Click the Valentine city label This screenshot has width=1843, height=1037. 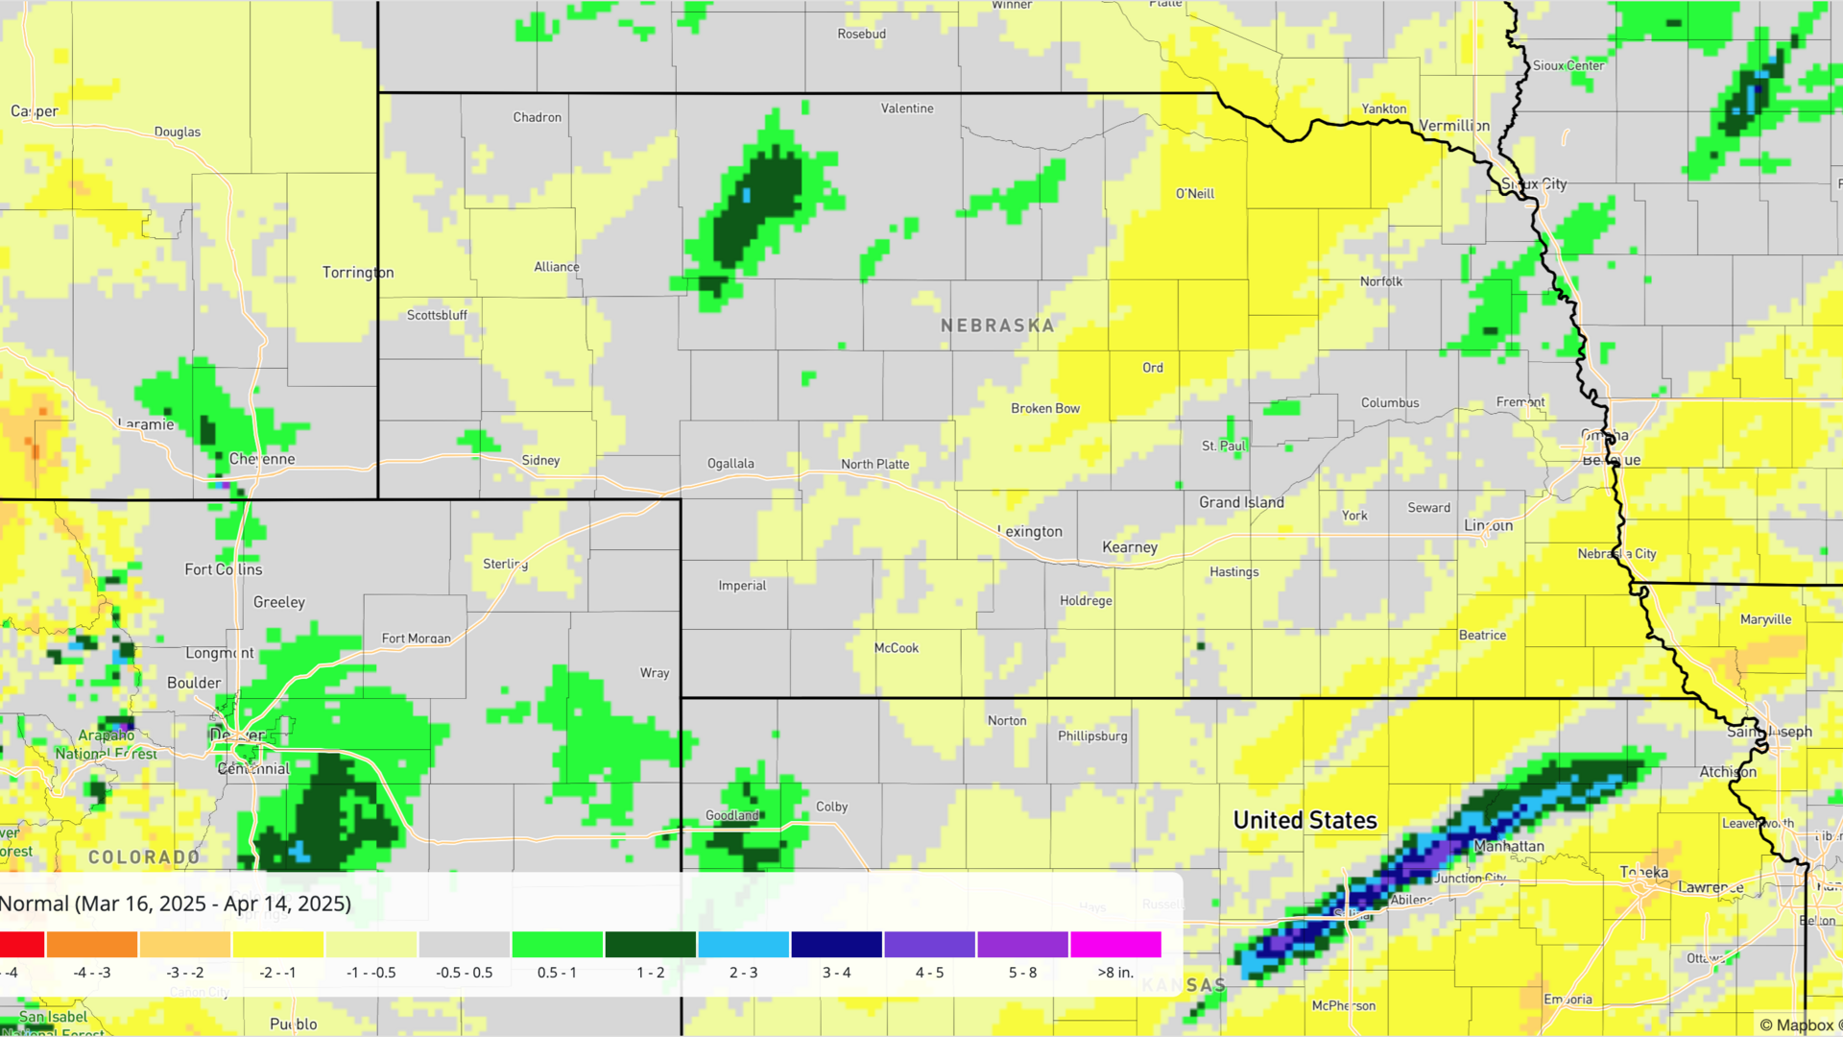click(907, 109)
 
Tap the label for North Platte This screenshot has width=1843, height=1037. click(874, 464)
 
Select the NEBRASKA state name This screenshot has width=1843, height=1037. click(997, 326)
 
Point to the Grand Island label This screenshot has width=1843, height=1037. click(1241, 502)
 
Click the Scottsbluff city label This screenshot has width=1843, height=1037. click(437, 315)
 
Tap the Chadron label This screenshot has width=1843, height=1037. click(537, 117)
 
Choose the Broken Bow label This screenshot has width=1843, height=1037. click(1045, 408)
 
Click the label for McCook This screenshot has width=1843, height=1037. click(897, 648)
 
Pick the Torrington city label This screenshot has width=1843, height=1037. click(358, 273)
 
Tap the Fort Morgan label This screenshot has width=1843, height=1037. click(416, 638)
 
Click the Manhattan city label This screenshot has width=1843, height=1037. click(1509, 846)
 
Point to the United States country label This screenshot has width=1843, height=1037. click(1304, 820)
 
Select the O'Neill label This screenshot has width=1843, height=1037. click(1195, 193)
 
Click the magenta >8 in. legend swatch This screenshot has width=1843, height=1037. click(1115, 945)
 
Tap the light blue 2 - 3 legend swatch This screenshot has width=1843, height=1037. click(744, 945)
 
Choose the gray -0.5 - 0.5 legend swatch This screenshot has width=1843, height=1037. click(465, 945)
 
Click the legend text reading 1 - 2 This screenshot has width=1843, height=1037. click(651, 973)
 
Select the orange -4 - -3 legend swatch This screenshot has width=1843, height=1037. click(92, 945)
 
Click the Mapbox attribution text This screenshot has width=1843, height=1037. click(1797, 1025)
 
